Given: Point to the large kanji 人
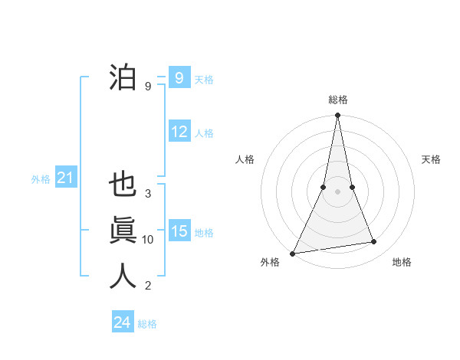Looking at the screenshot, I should (123, 276).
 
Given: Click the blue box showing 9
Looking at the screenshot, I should (179, 78).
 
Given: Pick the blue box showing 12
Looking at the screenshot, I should (179, 132).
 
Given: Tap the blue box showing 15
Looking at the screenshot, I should (179, 231).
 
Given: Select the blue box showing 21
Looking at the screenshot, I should (65, 178).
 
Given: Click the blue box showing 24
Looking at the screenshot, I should (122, 322).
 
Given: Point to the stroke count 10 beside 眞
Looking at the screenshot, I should (148, 240).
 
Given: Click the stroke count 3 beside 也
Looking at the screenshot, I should (148, 194).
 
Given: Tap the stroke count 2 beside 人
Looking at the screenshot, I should (148, 286).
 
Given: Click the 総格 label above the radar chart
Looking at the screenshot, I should (337, 100).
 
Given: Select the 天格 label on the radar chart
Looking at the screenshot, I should (432, 159).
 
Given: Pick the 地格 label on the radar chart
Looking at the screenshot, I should (402, 262).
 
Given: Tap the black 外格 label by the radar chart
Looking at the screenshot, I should (270, 262).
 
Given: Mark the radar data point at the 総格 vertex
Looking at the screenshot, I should (337, 116).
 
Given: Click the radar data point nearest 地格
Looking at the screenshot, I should (374, 242).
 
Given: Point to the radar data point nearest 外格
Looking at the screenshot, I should (293, 253).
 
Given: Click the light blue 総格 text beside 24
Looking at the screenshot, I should (147, 324).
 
